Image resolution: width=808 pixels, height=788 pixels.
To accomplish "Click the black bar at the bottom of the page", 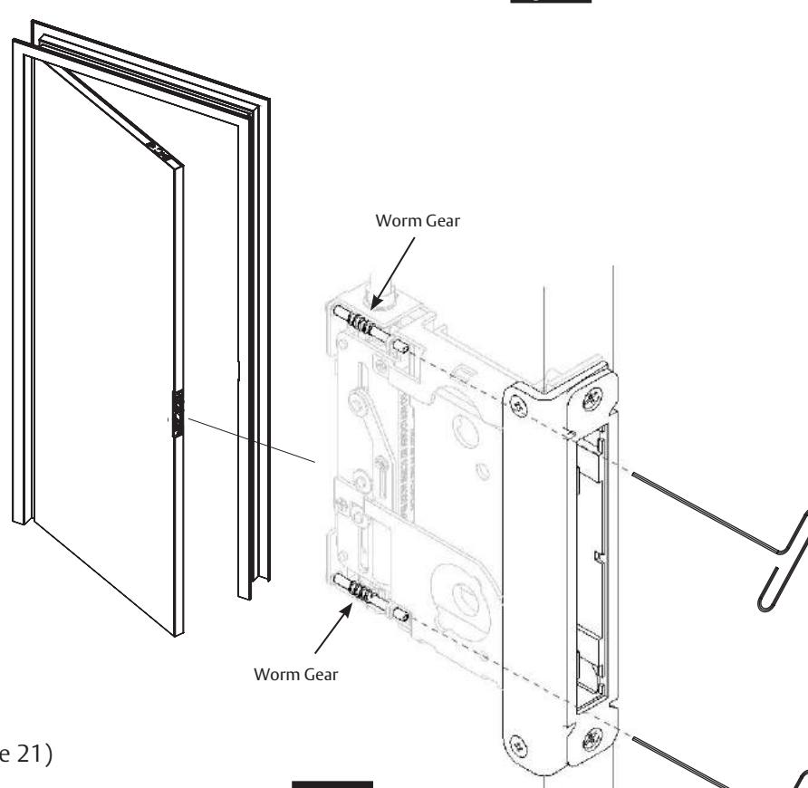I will click(x=338, y=783).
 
